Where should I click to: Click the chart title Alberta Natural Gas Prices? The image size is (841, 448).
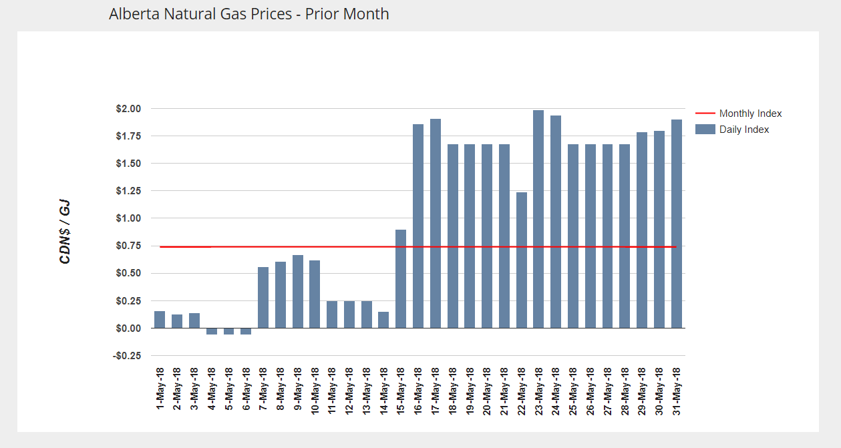248,13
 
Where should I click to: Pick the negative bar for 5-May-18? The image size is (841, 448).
228,331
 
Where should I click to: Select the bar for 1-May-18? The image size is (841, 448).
160,320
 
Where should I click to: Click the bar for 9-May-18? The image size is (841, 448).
297,292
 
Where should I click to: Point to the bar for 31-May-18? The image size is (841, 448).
677,224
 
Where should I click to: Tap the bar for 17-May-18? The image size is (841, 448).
436,224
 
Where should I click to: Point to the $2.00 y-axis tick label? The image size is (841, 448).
128,109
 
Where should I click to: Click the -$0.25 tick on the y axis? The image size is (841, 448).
126,356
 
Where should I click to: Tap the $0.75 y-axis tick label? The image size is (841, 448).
128,246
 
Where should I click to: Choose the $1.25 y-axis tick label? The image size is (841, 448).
128,191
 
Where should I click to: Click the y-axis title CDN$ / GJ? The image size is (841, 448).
65,232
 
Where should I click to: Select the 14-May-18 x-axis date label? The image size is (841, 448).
383,390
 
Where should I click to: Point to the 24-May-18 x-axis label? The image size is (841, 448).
556,390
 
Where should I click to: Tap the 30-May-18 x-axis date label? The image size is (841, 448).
659,390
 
